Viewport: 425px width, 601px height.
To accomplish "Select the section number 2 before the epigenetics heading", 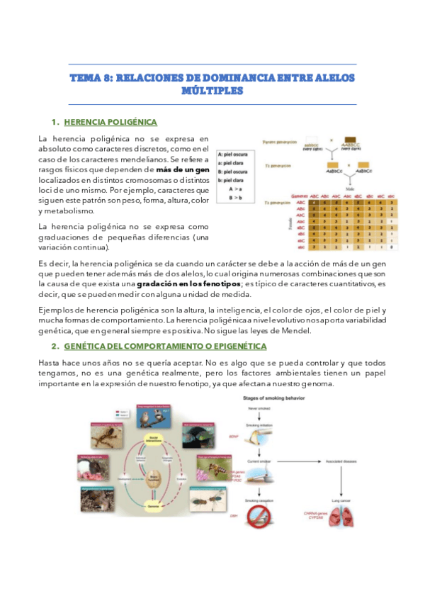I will pyautogui.click(x=55, y=346).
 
